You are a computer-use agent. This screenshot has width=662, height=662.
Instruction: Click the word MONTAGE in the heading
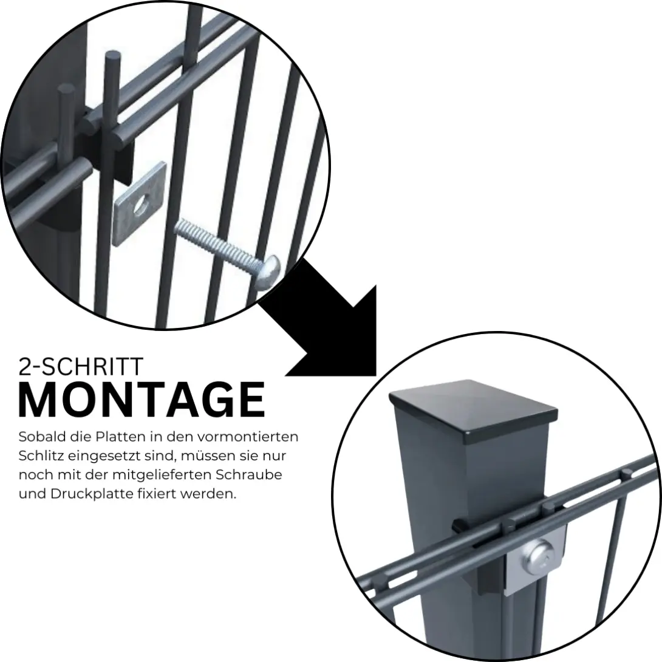click(x=142, y=399)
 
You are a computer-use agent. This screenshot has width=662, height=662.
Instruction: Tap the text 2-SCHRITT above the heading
click(x=81, y=366)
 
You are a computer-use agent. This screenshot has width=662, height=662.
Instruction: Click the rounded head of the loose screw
click(x=268, y=272)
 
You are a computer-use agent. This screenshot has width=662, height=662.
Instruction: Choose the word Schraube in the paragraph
click(x=249, y=474)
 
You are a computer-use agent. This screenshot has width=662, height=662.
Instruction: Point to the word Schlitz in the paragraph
click(x=41, y=456)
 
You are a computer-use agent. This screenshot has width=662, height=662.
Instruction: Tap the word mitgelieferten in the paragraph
click(x=162, y=474)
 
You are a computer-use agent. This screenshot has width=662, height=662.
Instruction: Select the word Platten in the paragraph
click(x=120, y=437)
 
